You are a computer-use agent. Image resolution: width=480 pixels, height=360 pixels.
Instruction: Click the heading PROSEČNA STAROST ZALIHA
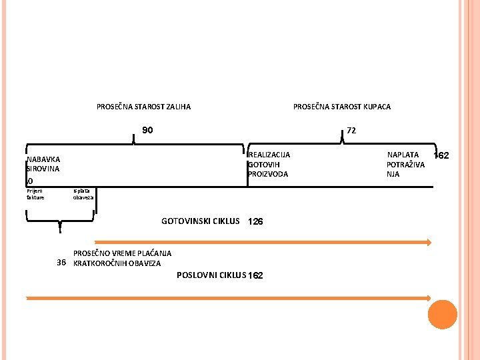(143, 107)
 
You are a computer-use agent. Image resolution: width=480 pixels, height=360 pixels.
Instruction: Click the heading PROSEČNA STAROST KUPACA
(342, 107)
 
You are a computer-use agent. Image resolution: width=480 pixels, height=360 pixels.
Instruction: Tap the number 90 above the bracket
(147, 130)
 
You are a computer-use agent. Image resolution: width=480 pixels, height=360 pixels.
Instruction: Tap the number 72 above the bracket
(351, 131)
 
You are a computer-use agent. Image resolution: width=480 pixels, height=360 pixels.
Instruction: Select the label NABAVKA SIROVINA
(43, 164)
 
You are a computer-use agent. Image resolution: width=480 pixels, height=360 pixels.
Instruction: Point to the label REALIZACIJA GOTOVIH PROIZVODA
(269, 165)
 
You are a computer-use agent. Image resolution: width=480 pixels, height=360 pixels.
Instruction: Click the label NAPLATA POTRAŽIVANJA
(405, 165)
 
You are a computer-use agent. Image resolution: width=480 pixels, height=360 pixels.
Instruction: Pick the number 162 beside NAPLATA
(441, 156)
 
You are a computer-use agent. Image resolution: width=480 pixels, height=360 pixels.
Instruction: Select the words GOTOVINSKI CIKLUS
(200, 221)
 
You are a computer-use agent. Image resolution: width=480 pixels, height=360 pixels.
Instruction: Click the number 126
(255, 221)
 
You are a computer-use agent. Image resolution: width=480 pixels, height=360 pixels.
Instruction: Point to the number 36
(61, 263)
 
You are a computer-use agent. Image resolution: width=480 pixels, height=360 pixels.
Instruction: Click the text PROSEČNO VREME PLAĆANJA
(121, 253)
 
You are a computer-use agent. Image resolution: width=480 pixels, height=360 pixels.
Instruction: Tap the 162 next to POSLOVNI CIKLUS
(255, 275)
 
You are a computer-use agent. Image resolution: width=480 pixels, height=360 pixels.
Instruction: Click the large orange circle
(443, 315)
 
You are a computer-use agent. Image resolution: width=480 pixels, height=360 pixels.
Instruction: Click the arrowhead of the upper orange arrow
(429, 243)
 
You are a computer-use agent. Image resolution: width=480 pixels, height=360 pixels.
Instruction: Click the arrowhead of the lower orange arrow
(429, 298)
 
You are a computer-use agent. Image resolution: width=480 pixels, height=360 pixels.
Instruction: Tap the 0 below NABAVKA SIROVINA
(29, 181)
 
